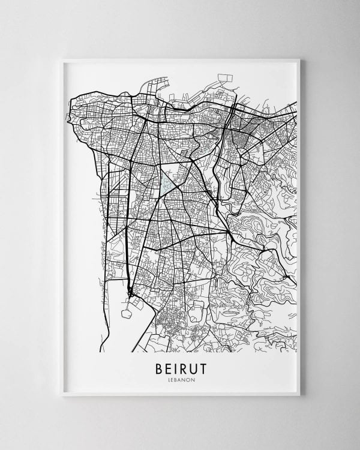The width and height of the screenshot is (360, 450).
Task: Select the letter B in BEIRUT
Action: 158,366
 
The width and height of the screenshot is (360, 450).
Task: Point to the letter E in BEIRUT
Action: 167,366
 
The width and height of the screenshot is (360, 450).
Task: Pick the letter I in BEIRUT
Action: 175,366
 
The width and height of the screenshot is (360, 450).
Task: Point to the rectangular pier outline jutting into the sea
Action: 225,79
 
